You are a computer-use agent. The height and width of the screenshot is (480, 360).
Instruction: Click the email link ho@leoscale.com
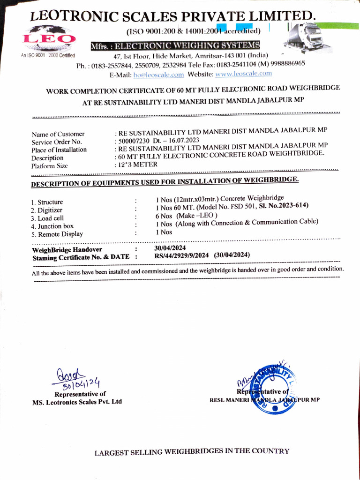(158, 75)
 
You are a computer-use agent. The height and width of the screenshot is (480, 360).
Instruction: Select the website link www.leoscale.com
(243, 74)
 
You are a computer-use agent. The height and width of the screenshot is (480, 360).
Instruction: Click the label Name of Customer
(58, 134)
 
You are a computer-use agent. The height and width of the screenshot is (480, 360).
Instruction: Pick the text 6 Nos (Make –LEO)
(187, 215)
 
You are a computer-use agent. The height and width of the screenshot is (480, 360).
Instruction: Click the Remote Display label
(57, 234)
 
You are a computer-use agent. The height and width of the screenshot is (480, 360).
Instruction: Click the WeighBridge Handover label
(67, 249)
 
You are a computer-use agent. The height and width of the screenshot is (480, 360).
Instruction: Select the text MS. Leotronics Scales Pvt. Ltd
(77, 402)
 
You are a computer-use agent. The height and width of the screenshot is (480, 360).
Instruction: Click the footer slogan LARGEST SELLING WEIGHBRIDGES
(192, 451)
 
